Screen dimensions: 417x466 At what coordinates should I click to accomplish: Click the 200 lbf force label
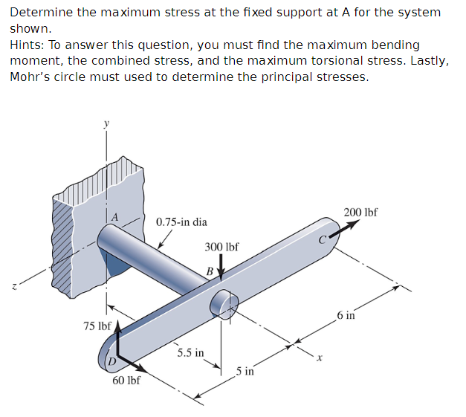click(x=361, y=212)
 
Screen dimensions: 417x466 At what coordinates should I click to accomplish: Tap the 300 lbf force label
click(x=221, y=246)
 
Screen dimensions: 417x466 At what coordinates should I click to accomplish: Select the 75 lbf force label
click(x=97, y=326)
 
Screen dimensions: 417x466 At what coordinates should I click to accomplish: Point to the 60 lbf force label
click(x=126, y=381)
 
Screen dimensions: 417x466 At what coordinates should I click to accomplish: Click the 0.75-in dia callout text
click(x=181, y=222)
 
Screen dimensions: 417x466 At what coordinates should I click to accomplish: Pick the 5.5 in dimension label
click(x=190, y=352)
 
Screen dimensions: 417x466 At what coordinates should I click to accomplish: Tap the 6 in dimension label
click(x=346, y=316)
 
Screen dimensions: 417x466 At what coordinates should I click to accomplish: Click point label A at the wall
click(x=114, y=216)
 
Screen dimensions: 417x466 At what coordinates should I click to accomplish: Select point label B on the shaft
click(x=210, y=271)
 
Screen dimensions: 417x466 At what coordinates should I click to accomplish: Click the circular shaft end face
click(x=221, y=304)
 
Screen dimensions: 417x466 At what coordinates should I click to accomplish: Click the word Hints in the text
click(x=25, y=45)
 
